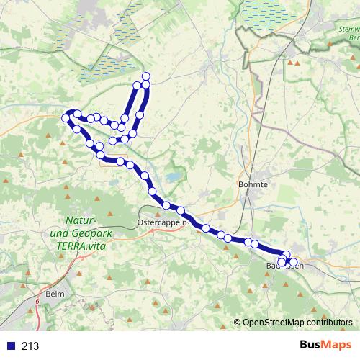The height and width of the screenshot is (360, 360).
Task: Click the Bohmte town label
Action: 252,184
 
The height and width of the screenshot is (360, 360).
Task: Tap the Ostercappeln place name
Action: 162,222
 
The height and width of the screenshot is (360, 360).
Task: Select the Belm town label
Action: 55,295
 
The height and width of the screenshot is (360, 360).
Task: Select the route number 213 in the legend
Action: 30,346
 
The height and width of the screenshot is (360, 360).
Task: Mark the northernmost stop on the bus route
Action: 146,76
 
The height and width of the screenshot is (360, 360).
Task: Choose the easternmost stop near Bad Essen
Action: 294,261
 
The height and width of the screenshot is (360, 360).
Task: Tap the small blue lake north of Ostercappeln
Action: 173,177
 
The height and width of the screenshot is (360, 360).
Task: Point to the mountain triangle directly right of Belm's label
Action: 78,295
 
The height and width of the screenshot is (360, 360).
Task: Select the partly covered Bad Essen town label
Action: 295,266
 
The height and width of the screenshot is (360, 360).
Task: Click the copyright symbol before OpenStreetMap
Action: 238,322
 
